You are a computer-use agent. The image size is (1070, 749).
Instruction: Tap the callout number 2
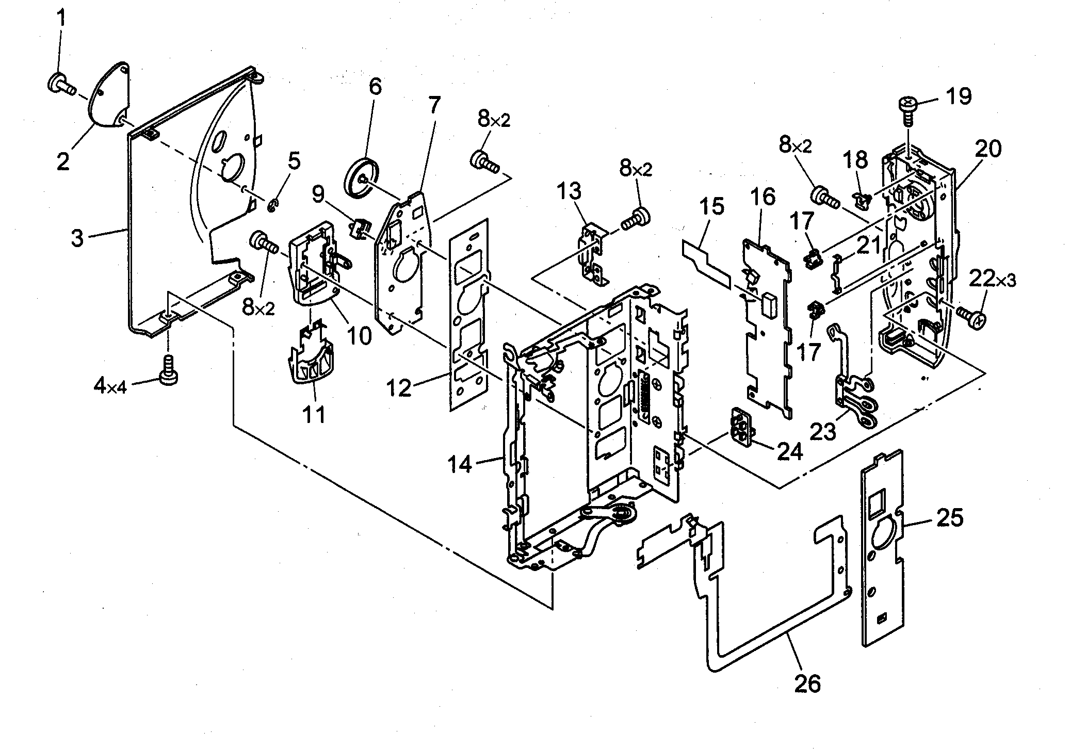tap(63, 161)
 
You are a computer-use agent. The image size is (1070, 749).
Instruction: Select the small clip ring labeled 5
tap(271, 207)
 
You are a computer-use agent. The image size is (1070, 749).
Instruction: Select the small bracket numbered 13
tap(593, 253)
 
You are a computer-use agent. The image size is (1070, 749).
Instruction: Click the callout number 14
tap(459, 464)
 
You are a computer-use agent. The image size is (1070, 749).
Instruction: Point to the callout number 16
tap(763, 197)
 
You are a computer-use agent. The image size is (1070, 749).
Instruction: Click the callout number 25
tap(949, 517)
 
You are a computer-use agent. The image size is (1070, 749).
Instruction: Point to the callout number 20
tap(987, 149)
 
